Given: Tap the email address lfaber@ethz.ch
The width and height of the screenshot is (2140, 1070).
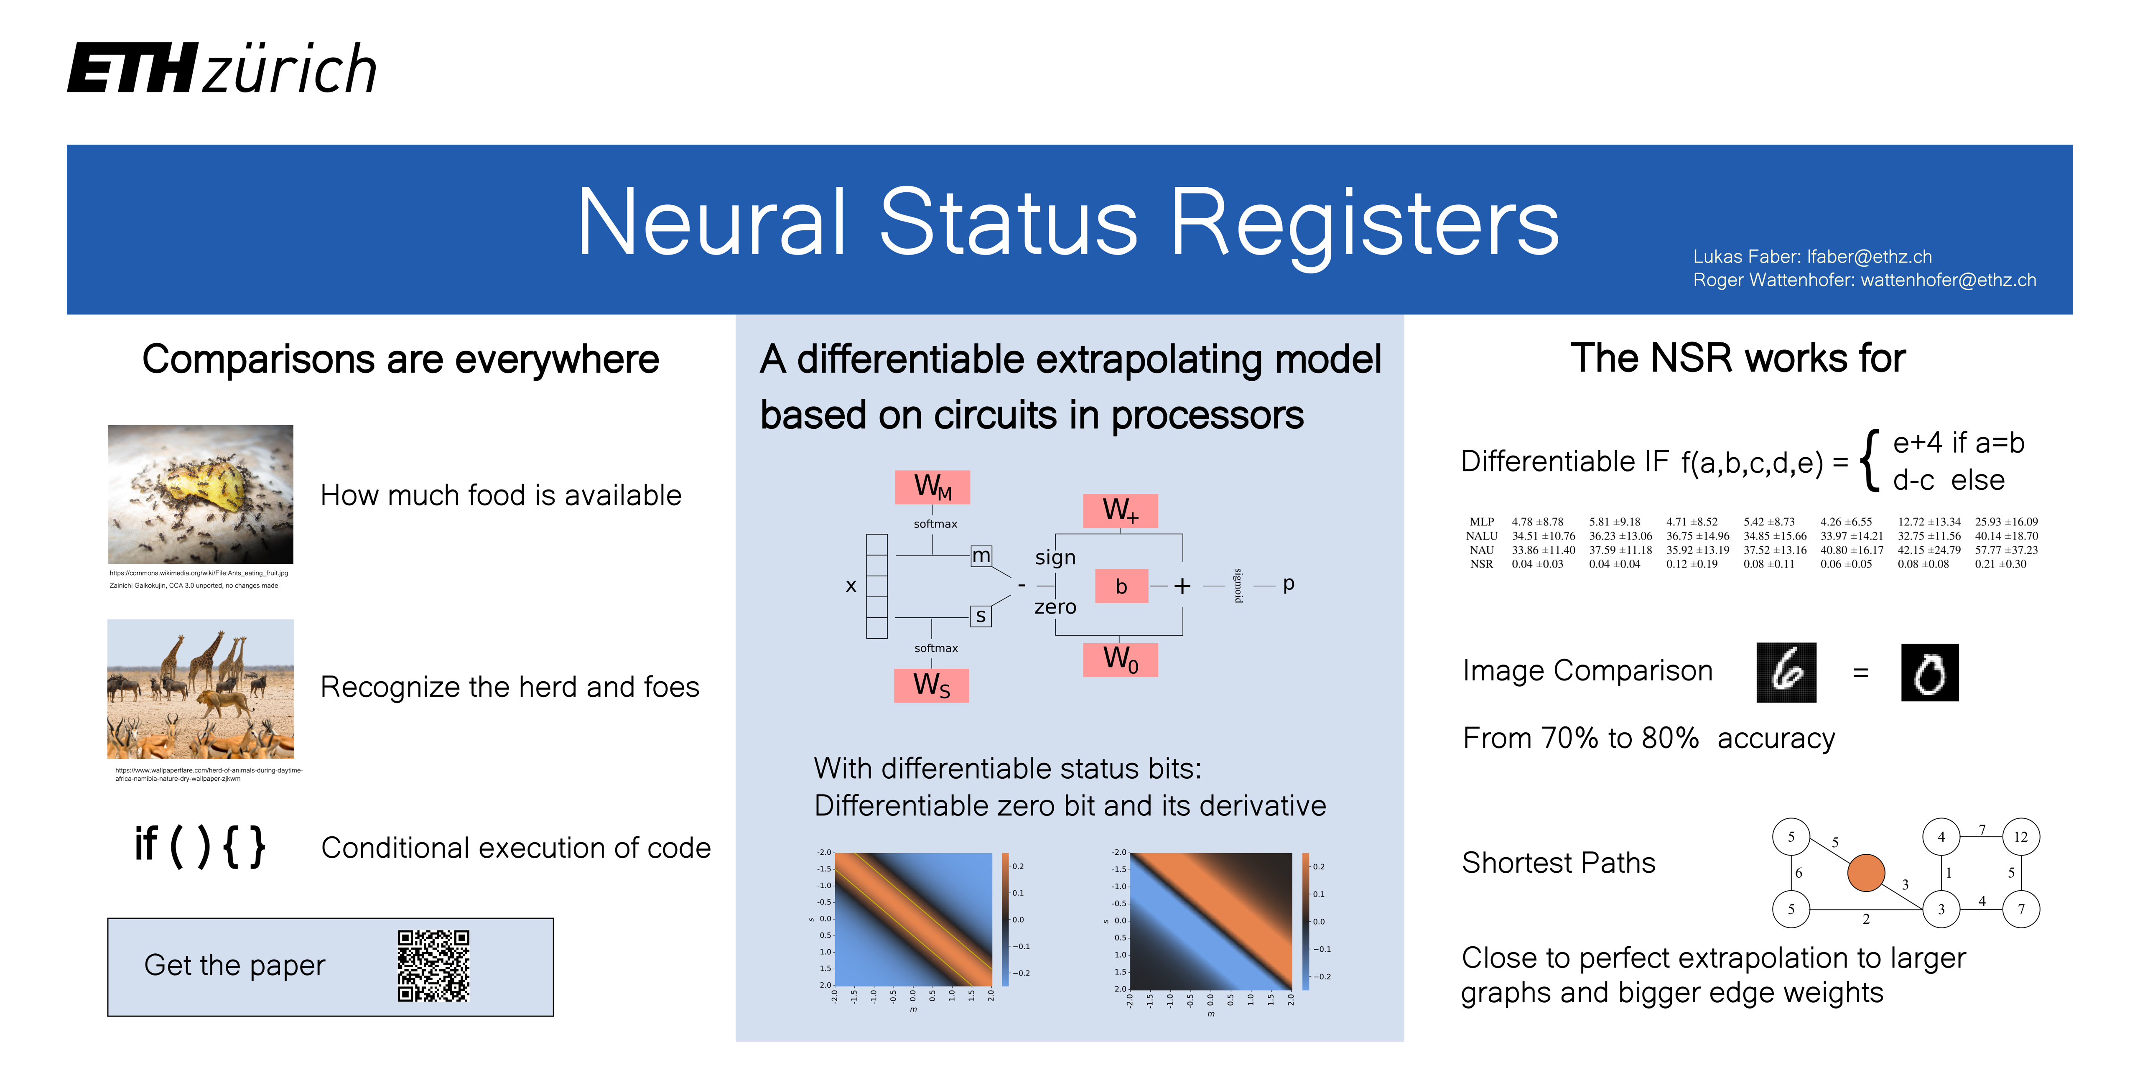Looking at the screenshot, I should (x=1869, y=257).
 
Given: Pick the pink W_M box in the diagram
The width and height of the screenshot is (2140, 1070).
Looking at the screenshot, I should (x=932, y=487).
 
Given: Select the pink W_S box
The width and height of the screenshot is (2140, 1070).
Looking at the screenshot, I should (x=931, y=685).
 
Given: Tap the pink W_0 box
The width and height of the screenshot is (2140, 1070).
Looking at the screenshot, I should (x=1120, y=660).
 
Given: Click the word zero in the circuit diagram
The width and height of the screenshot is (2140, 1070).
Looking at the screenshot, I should (x=1055, y=607).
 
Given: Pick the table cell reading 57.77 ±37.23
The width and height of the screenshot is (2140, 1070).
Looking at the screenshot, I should (x=2005, y=550).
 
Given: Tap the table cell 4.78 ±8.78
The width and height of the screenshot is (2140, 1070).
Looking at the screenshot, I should (x=1538, y=522).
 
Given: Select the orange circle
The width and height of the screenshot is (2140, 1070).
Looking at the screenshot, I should (x=1866, y=873).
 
